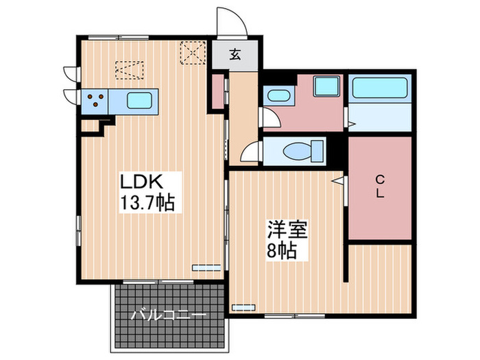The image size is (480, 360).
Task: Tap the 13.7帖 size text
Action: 147,203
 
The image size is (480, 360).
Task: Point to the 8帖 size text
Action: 281,250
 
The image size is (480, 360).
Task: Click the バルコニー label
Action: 168,316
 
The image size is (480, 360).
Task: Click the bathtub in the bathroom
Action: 380,88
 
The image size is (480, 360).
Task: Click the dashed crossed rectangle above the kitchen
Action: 130,71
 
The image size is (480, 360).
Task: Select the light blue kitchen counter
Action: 120,101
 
